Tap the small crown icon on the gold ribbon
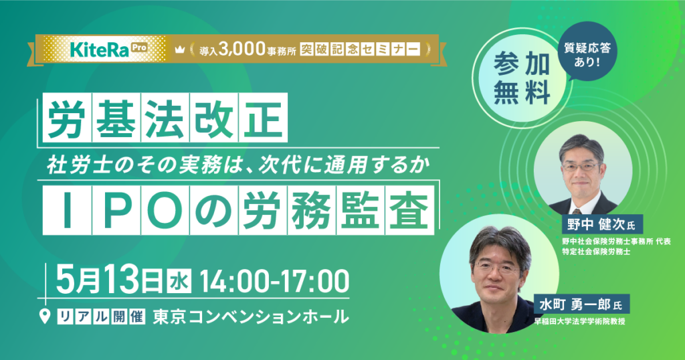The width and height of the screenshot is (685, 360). pyautogui.click(x=179, y=50)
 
